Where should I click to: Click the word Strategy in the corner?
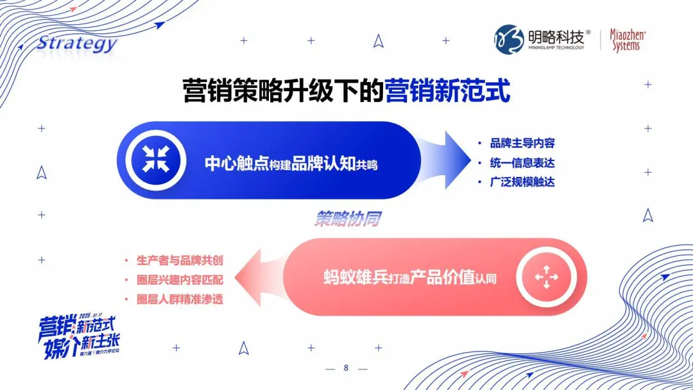coord(76,44)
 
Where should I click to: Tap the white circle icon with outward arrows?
coord(546,276)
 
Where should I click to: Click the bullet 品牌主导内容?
coord(522,143)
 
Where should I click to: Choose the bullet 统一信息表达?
coord(522,162)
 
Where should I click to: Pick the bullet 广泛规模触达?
coord(522,182)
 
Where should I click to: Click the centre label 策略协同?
coord(347,219)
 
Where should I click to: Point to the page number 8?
coord(346,368)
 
